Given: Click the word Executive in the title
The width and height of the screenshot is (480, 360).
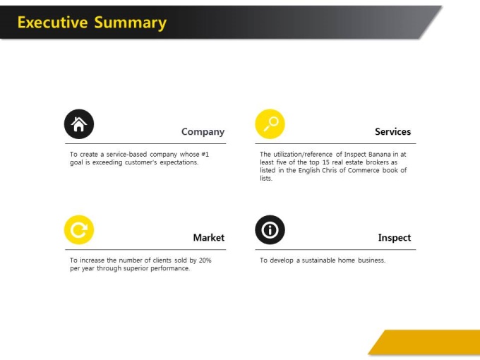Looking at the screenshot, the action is (x=53, y=23).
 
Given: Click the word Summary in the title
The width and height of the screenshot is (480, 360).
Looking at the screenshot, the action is (x=131, y=23).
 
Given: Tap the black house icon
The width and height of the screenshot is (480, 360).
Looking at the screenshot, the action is (x=79, y=124).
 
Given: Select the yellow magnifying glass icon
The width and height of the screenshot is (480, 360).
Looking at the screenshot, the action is (x=270, y=124).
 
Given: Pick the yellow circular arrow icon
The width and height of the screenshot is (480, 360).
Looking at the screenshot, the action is (x=79, y=230).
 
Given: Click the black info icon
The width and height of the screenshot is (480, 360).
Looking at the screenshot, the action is (x=270, y=230).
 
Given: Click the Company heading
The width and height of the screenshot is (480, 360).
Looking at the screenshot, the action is (x=203, y=132).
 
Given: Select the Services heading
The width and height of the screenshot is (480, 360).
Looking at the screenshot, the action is (x=392, y=131).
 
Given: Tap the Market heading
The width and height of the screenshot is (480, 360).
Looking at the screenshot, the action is (x=209, y=238).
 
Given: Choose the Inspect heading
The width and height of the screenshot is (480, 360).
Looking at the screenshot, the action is (x=395, y=238).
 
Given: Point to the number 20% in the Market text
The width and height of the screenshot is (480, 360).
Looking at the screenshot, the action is (x=205, y=260).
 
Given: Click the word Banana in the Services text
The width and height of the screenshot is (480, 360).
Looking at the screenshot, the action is (x=380, y=155).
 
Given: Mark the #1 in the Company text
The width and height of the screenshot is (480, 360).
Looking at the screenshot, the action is (x=205, y=155).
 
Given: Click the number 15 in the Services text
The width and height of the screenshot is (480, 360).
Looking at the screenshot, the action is (x=325, y=162).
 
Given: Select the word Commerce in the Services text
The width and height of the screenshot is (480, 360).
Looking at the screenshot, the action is (x=364, y=170).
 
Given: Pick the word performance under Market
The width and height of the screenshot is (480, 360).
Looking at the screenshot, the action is (x=172, y=268).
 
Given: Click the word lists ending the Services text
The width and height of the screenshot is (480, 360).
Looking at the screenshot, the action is (x=266, y=178).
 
